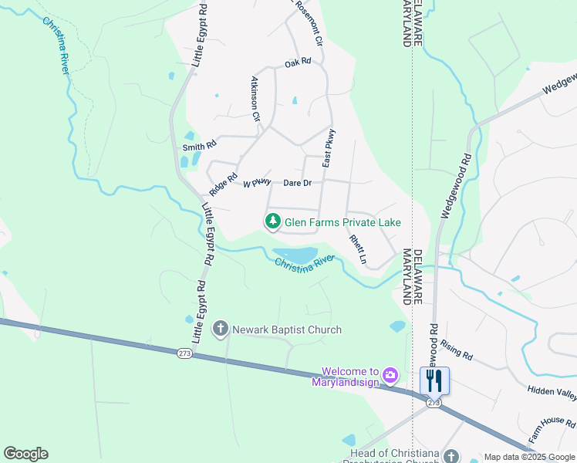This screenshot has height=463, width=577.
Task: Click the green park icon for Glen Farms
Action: click(272, 221)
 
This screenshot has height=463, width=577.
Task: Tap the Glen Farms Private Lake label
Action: click(343, 222)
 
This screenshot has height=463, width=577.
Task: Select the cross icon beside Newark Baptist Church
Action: click(221, 330)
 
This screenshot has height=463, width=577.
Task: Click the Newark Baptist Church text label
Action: click(287, 330)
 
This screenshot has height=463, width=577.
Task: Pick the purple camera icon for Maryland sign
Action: click(391, 375)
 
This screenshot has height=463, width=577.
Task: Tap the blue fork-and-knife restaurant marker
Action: click(434, 380)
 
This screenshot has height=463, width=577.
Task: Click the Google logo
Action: click(25, 454)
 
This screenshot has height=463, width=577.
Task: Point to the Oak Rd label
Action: click(297, 62)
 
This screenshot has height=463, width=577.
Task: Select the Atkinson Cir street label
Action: click(255, 99)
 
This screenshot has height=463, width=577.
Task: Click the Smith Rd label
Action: click(199, 145)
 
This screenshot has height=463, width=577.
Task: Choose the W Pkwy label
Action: click(258, 183)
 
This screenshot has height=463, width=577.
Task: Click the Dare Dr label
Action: click(297, 183)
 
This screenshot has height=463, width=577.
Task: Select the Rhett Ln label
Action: click(357, 250)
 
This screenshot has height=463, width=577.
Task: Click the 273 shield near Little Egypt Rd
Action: click(184, 353)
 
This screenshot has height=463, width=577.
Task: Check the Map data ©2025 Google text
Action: click(529, 457)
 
